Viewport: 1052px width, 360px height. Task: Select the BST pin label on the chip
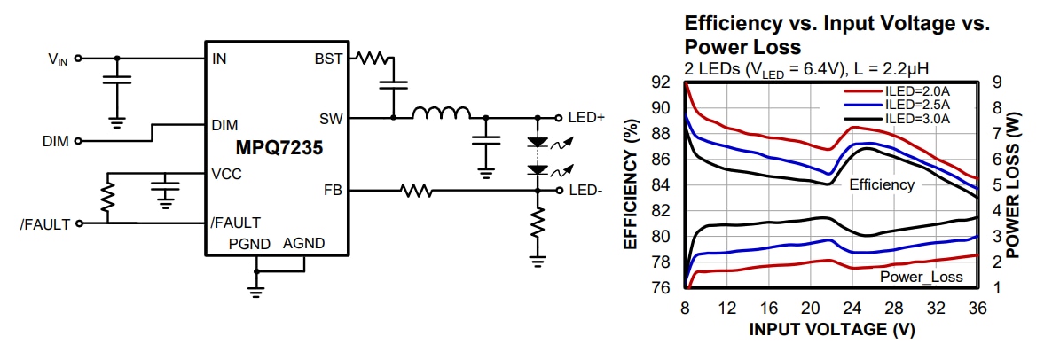327,59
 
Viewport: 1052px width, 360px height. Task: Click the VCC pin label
226,174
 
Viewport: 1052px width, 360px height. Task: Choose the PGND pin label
247,243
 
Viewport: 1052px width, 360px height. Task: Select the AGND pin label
303,243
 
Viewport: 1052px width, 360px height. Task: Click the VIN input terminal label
57,59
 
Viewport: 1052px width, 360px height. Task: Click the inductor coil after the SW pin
442,113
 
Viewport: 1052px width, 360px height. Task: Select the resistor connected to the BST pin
373,59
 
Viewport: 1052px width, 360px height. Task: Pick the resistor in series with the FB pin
416,190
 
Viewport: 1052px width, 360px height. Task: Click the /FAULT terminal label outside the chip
45,223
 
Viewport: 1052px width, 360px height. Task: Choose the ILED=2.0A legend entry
917,90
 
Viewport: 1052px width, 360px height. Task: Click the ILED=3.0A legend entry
917,118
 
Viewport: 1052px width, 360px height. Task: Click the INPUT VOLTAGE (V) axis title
831,329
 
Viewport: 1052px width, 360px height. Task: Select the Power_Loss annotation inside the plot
921,278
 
